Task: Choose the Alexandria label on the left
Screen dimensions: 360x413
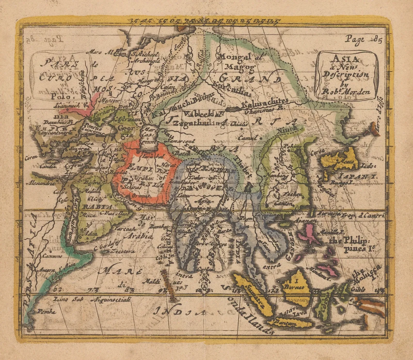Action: [x=41, y=183]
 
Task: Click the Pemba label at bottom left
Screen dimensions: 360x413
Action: [x=46, y=312]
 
